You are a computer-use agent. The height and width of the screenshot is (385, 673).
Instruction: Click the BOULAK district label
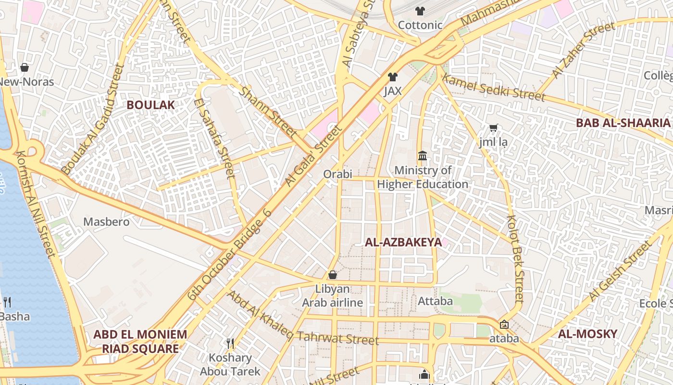pos(150,105)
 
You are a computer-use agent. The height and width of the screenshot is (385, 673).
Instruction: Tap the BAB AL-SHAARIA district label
pos(623,123)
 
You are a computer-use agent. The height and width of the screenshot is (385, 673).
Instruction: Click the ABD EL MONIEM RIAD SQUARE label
pos(140,341)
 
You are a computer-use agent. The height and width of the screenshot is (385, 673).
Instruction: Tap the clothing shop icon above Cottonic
pos(420,11)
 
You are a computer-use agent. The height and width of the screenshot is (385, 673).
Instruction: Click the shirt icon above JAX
pos(393,77)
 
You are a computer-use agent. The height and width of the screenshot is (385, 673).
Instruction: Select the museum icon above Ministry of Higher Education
pos(423,156)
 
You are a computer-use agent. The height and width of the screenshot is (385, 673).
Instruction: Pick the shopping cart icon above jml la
pos(493,128)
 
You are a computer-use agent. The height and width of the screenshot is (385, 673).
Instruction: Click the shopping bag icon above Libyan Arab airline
pos(333,275)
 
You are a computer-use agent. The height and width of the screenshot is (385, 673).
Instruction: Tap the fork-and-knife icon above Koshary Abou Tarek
pos(230,343)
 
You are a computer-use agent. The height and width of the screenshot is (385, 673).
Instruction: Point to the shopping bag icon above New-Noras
pos(25,67)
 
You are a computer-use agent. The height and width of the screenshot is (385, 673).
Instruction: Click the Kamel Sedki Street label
pos(494,88)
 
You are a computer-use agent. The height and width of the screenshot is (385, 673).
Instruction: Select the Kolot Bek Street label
pos(515,258)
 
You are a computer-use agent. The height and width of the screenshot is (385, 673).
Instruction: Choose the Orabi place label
pos(337,174)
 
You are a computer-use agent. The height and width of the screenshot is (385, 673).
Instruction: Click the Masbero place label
pos(106,222)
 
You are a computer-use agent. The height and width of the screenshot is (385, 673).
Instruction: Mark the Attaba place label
pos(436,301)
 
